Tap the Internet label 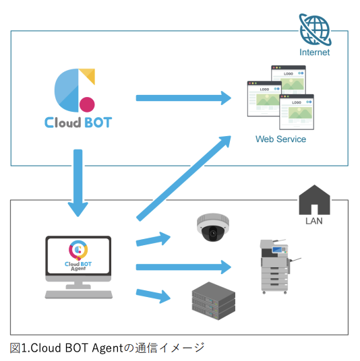[x=314, y=53]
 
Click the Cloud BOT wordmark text [x=78, y=123]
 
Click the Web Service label [x=280, y=139]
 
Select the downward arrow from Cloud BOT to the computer [x=78, y=183]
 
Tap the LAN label [x=314, y=220]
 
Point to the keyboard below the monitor [x=78, y=294]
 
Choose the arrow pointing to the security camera [x=154, y=239]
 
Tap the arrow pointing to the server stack [x=154, y=294]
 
